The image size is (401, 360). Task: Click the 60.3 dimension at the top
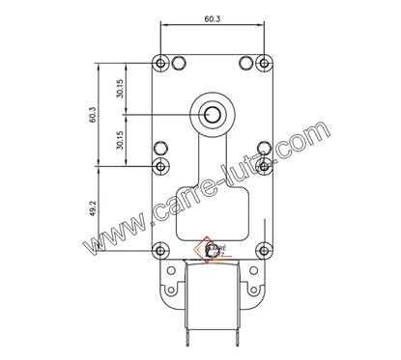click(213, 16)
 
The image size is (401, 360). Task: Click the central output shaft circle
click(213, 115)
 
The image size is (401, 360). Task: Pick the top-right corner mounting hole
click(265, 63)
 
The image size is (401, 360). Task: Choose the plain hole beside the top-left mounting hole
click(178, 63)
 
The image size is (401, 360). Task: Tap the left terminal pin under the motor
click(185, 338)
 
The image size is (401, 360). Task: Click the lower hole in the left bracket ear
click(173, 288)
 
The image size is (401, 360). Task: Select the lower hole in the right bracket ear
click(252, 288)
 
